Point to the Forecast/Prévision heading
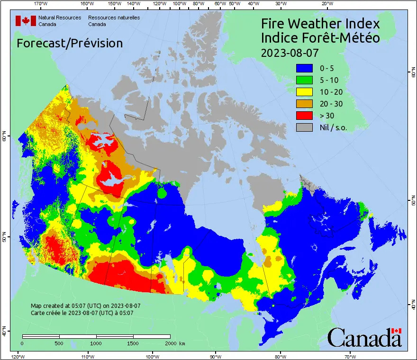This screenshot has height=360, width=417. (70, 43)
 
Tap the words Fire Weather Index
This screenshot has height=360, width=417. (320, 24)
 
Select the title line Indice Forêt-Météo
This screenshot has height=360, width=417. (320, 38)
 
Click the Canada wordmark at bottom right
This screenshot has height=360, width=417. (364, 337)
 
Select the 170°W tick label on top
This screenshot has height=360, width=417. (41, 4)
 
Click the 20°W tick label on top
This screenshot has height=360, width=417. (326, 4)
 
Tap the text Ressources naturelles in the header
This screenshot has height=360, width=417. (110, 18)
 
